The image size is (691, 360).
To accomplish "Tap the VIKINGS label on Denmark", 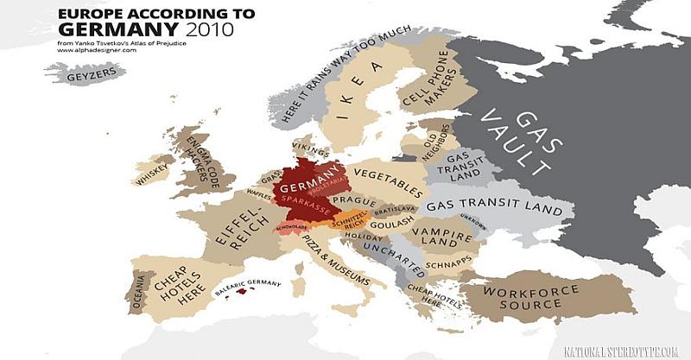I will pyautogui.click(x=307, y=147).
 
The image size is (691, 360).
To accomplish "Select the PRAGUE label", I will pyautogui.click(x=352, y=201).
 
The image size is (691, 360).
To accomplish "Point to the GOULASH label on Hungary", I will pyautogui.click(x=395, y=222).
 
